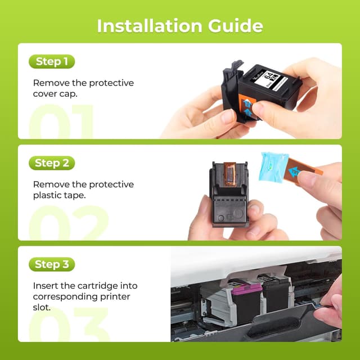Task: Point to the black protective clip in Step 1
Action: [231, 93]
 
